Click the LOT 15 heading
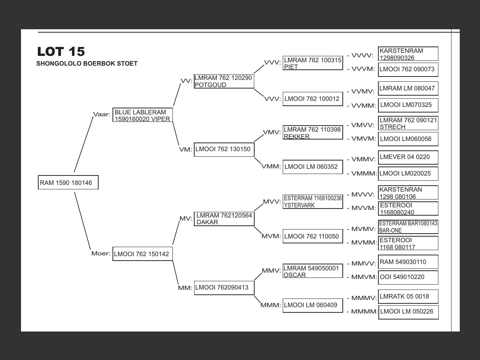[x=61, y=51]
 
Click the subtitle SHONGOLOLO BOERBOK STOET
[x=87, y=64]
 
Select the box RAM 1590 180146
[x=68, y=183]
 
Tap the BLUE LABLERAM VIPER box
[x=142, y=115]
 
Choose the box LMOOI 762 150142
[x=142, y=254]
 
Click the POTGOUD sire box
[x=224, y=81]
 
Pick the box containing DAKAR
[x=224, y=219]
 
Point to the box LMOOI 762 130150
[x=224, y=149]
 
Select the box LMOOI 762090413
[x=224, y=288]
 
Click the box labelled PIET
[x=313, y=63]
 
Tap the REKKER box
[x=313, y=133]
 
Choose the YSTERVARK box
[x=313, y=202]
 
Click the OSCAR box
[x=313, y=271]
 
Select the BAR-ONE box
[x=408, y=227]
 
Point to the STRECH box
[x=408, y=123]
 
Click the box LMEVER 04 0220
[x=408, y=157]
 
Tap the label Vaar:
[x=102, y=114]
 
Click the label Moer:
[x=101, y=253]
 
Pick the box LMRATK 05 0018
[x=408, y=297]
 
